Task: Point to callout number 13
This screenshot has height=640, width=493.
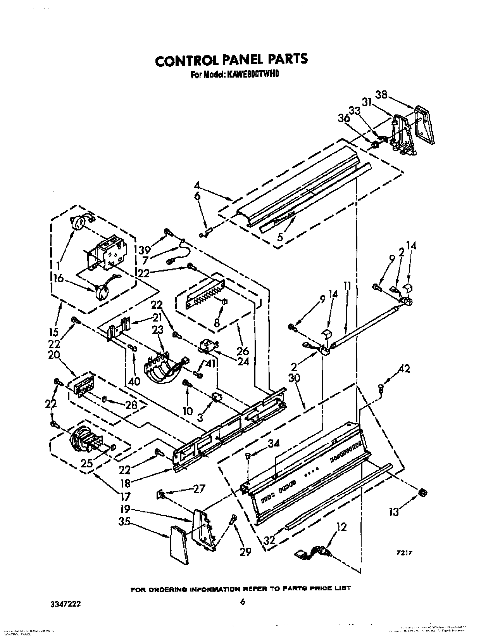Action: (x=394, y=512)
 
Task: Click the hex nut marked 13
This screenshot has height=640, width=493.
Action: (x=423, y=492)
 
